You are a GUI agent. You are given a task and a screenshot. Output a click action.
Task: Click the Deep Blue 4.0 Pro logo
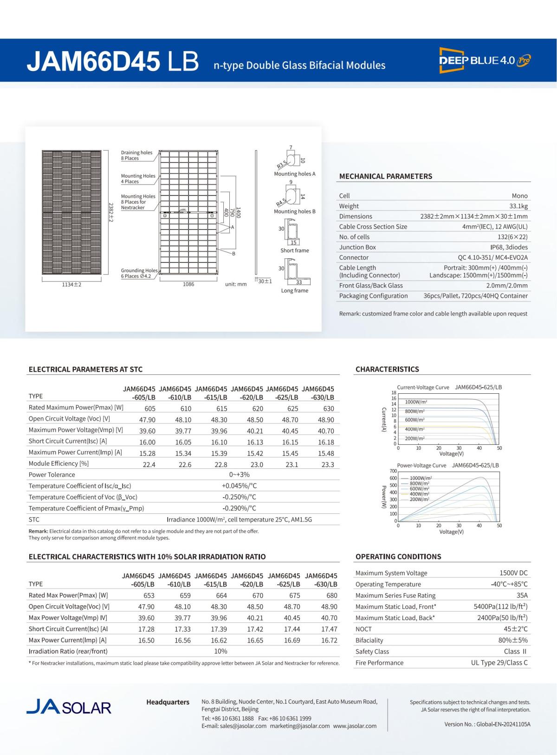pyautogui.click(x=485, y=60)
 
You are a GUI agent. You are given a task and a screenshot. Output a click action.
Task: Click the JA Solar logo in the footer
pyautogui.click(x=69, y=707)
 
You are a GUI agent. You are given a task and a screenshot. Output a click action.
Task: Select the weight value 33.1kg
pyautogui.click(x=518, y=206)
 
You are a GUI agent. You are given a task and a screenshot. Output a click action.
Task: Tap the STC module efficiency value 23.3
pyautogui.click(x=328, y=465)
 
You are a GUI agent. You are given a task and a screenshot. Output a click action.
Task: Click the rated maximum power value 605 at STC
pyautogui.click(x=149, y=409)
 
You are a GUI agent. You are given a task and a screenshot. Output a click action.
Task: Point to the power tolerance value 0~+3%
pyautogui.click(x=239, y=475)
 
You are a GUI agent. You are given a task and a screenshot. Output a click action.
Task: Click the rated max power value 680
pyautogui.click(x=331, y=595)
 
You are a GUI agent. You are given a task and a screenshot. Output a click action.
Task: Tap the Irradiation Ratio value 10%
pyautogui.click(x=220, y=652)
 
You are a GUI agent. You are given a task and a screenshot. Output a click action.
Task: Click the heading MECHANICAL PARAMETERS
pyautogui.click(x=385, y=176)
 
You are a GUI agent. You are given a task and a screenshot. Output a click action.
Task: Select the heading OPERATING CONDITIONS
pyautogui.click(x=398, y=557)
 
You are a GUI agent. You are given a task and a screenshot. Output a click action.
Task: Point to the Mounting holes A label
pyautogui.click(x=294, y=174)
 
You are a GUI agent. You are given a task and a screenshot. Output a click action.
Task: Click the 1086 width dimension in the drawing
pyautogui.click(x=188, y=284)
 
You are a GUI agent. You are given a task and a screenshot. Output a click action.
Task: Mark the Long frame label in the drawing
pyautogui.click(x=294, y=291)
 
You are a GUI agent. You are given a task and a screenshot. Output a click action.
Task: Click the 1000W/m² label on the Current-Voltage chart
pyautogui.click(x=416, y=403)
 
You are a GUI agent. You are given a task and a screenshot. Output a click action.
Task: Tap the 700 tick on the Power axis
pyautogui.click(x=394, y=471)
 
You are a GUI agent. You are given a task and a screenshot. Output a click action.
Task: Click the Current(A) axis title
pyautogui.click(x=384, y=420)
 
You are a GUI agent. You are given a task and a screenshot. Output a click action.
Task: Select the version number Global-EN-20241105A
pyautogui.click(x=487, y=724)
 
